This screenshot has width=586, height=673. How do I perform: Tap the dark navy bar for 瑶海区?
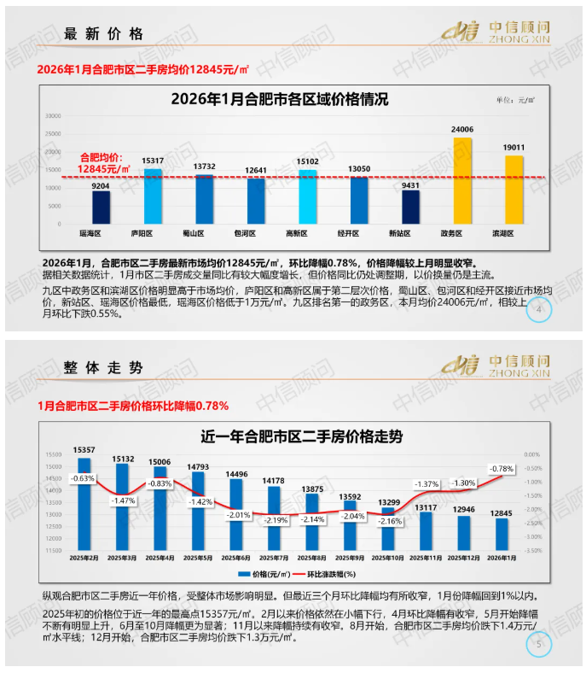pyautogui.click(x=102, y=206)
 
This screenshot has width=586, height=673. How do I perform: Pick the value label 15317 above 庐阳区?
pyautogui.click(x=153, y=161)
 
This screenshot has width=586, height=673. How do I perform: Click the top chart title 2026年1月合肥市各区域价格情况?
pyautogui.click(x=280, y=99)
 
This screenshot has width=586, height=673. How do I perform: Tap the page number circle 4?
pyautogui.click(x=538, y=311)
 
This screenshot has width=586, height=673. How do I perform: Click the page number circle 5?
pyautogui.click(x=538, y=646)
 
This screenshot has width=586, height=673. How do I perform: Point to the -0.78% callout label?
pyautogui.click(x=501, y=469)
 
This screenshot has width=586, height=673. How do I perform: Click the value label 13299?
pyautogui.click(x=388, y=501)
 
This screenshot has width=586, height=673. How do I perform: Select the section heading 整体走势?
pyautogui.click(x=103, y=368)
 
